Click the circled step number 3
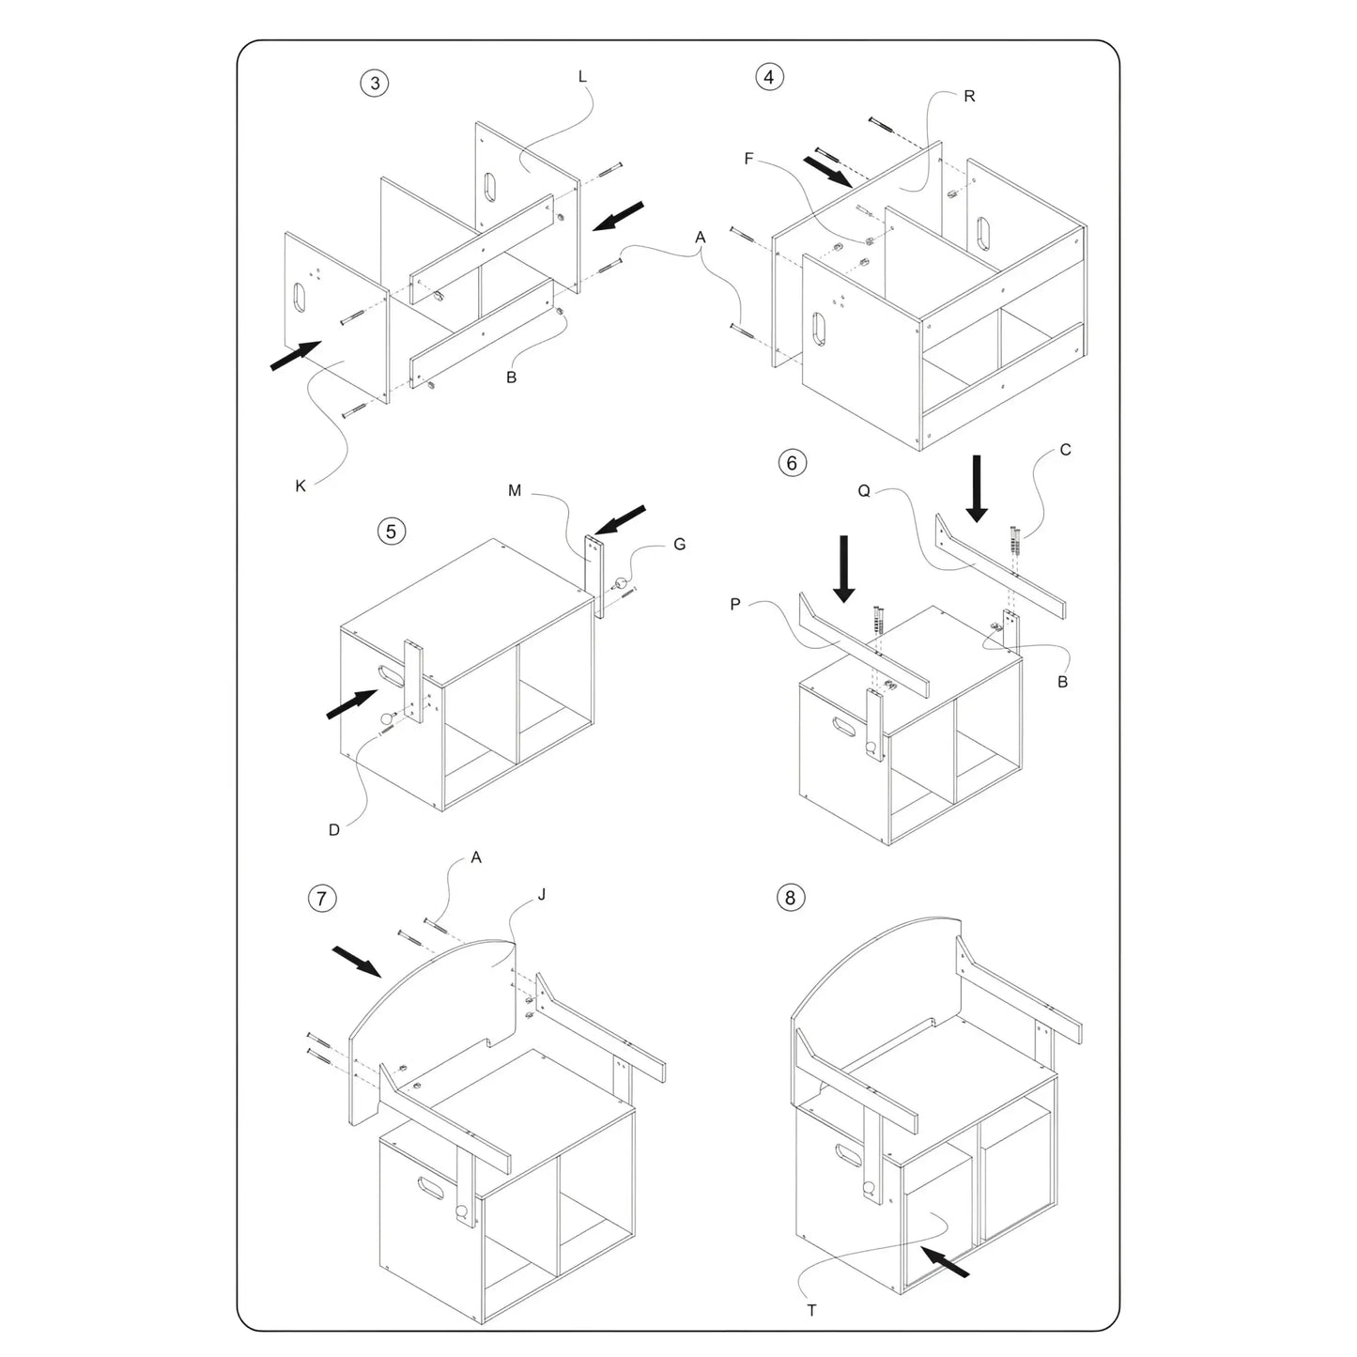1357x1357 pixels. (375, 84)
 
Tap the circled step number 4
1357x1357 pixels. (769, 77)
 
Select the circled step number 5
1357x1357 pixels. (392, 531)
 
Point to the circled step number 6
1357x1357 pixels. (793, 463)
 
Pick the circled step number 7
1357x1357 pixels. (322, 899)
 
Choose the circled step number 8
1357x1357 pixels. (790, 898)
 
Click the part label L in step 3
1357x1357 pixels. (581, 77)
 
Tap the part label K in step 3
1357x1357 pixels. (301, 486)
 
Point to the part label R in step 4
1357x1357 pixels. (970, 97)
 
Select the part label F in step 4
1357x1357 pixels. (748, 159)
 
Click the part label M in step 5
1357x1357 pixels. (515, 491)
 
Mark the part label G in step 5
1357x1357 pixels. (680, 545)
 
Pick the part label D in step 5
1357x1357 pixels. (334, 830)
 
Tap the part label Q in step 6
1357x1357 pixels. (864, 491)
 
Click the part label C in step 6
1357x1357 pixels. (1066, 450)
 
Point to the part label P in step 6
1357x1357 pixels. (735, 604)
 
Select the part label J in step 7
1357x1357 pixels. (542, 895)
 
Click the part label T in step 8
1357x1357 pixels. (811, 1311)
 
